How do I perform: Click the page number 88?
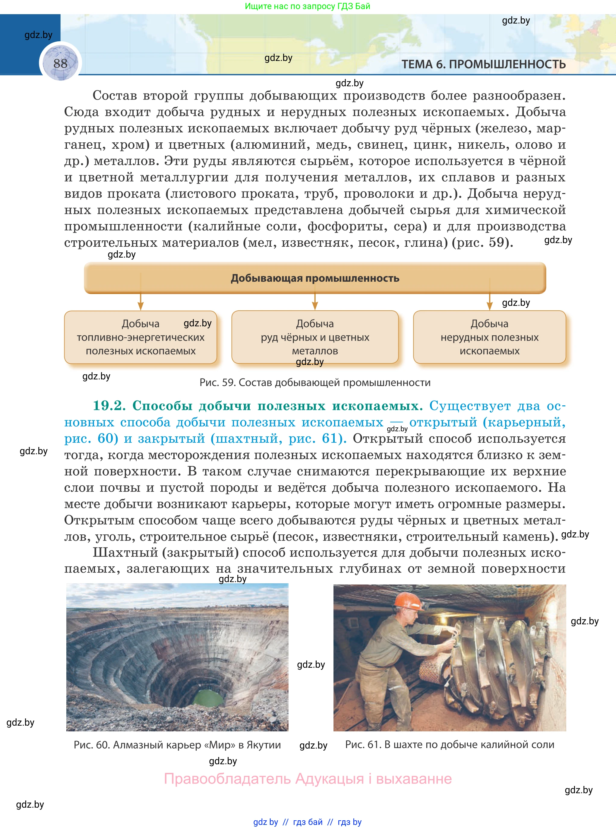coord(60,63)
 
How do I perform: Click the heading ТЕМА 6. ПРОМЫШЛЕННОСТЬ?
coord(483,64)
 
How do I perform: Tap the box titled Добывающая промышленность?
coord(315,278)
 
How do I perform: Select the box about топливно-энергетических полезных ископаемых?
coord(141,337)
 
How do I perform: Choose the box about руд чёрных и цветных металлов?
coord(315,337)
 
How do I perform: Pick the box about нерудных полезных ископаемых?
coord(489,337)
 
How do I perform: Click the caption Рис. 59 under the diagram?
coord(315,382)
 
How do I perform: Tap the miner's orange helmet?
coord(408,600)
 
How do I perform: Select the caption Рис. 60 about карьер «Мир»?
coord(177,745)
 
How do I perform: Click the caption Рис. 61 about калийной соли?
coord(449,745)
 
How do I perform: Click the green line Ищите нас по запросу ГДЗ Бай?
coord(307,6)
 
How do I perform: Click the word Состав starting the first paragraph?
coord(115,96)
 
